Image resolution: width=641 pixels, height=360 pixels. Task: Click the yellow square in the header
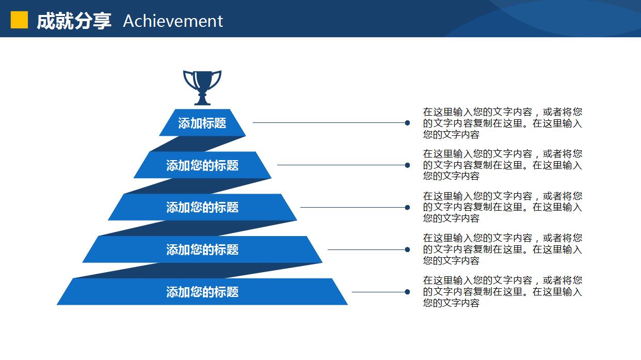19,20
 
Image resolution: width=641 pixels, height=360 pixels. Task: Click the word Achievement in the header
173,21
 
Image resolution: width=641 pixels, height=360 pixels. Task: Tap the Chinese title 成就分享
74,21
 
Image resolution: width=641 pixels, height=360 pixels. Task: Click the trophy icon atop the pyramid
202,88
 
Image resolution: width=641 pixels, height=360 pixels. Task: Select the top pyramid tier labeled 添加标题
202,122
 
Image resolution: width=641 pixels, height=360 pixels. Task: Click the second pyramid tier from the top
202,165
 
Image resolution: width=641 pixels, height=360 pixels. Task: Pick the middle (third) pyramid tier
202,207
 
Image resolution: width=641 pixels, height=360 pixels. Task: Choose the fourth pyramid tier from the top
202,249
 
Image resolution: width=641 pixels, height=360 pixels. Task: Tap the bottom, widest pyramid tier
202,291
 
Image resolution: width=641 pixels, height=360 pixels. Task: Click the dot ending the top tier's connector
407,123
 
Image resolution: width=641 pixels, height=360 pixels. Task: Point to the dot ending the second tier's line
407,165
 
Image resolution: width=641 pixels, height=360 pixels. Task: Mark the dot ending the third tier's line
407,207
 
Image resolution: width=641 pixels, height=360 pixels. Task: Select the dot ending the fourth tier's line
407,250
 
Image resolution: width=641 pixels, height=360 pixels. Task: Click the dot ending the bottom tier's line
407,292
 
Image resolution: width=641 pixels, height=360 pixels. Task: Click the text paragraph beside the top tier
503,123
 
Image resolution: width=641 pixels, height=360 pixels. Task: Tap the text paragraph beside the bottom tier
503,291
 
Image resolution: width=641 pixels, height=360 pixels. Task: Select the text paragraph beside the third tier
503,207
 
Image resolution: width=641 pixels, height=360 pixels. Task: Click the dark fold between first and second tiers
198,144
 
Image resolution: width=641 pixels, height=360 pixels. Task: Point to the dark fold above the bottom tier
198,271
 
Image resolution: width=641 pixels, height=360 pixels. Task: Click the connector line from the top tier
329,123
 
